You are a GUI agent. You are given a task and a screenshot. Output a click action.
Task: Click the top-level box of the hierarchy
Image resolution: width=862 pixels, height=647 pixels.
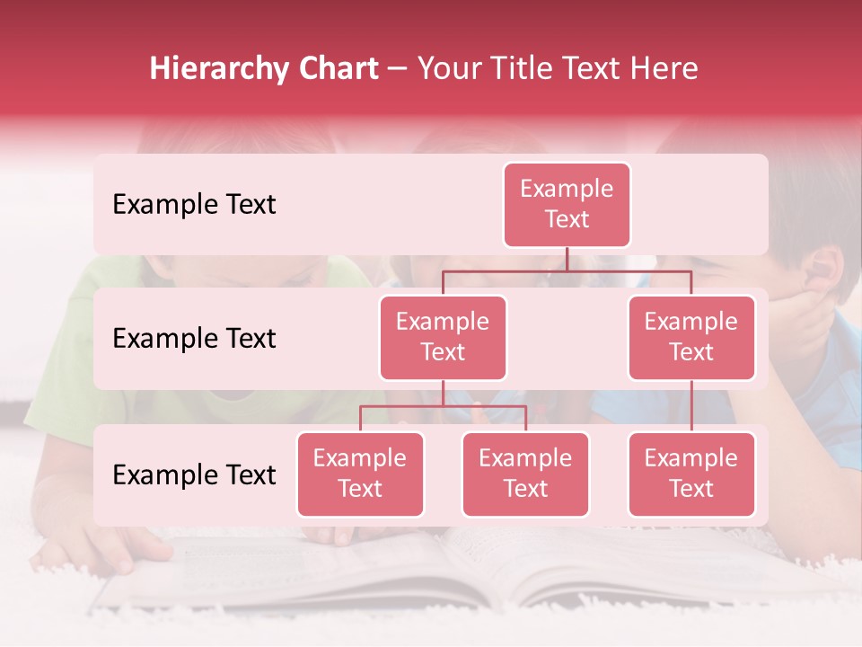[567, 205]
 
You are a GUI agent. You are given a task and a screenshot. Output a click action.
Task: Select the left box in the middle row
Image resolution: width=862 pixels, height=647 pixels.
[443, 338]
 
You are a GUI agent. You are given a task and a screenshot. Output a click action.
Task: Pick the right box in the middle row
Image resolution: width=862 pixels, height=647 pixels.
[691, 338]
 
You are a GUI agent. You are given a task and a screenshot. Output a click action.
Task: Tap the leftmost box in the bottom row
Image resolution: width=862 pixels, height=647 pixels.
[360, 474]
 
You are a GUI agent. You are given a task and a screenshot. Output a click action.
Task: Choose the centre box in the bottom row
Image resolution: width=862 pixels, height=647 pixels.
[525, 474]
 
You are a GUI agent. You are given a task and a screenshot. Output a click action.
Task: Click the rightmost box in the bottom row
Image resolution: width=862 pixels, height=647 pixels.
[691, 474]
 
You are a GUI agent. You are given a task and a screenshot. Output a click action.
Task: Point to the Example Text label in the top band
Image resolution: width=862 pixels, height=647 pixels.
[194, 205]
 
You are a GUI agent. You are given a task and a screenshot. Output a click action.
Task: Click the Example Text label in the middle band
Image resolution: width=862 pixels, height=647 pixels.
[194, 339]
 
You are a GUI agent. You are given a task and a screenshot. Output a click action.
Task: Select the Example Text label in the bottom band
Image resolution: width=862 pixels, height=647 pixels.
[194, 475]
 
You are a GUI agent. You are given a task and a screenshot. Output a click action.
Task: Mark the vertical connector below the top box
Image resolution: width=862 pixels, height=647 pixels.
[567, 259]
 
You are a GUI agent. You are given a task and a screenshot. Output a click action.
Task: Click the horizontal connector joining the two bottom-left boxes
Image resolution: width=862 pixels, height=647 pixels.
[443, 407]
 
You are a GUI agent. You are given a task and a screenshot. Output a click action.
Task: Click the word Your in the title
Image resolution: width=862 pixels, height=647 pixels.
[450, 69]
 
